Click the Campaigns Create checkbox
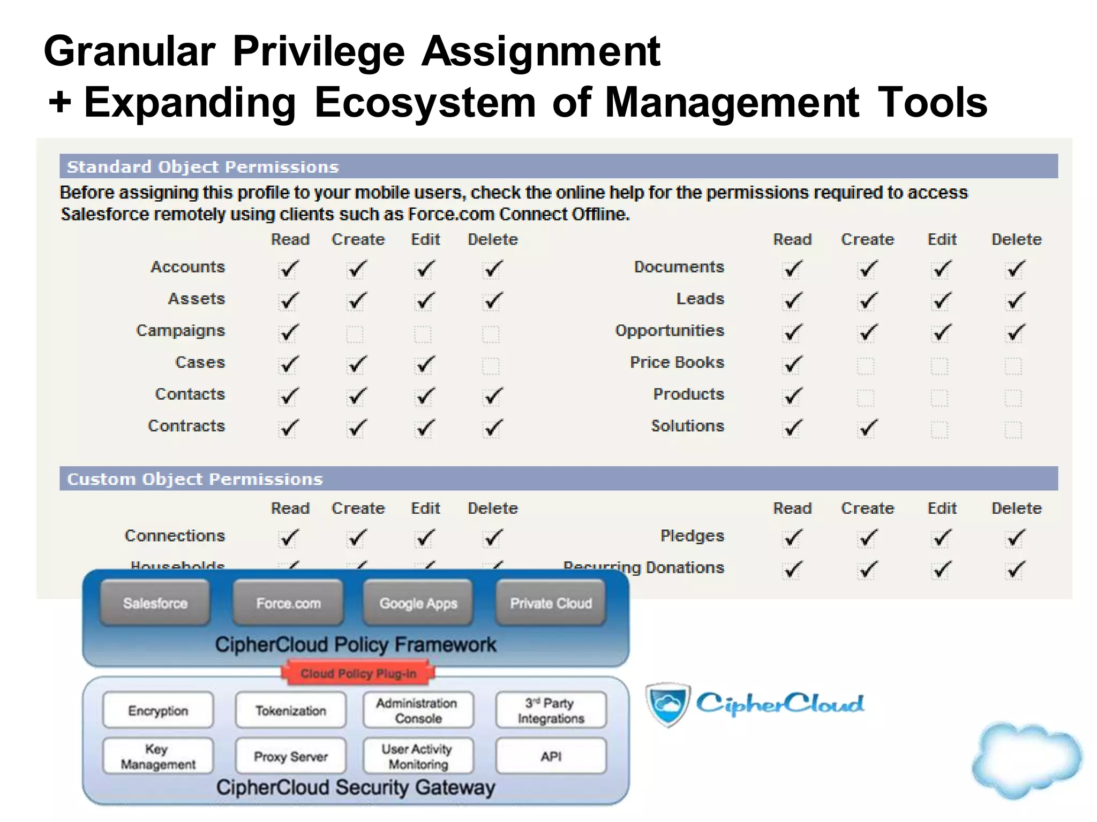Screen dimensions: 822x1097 click(355, 334)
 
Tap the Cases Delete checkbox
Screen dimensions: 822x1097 click(490, 367)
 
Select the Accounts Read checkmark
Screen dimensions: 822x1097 click(288, 269)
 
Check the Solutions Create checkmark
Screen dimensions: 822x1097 click(866, 429)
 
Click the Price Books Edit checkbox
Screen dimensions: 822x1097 click(939, 367)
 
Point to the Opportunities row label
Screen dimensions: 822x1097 click(669, 331)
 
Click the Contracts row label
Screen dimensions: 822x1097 click(186, 426)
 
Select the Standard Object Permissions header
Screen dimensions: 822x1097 click(202, 167)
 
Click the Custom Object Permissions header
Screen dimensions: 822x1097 click(195, 479)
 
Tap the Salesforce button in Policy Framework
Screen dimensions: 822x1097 click(155, 603)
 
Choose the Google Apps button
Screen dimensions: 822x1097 click(418, 603)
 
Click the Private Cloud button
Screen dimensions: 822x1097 click(551, 603)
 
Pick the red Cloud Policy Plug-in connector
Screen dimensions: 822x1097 click(358, 673)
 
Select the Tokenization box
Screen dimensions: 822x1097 click(290, 711)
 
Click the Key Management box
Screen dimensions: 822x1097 click(158, 756)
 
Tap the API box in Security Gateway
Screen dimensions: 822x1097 click(551, 756)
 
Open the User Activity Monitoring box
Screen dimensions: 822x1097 click(418, 756)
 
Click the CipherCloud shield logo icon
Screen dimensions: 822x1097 click(667, 704)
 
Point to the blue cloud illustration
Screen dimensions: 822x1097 click(1026, 760)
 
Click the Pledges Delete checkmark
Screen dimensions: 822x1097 click(1014, 538)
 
